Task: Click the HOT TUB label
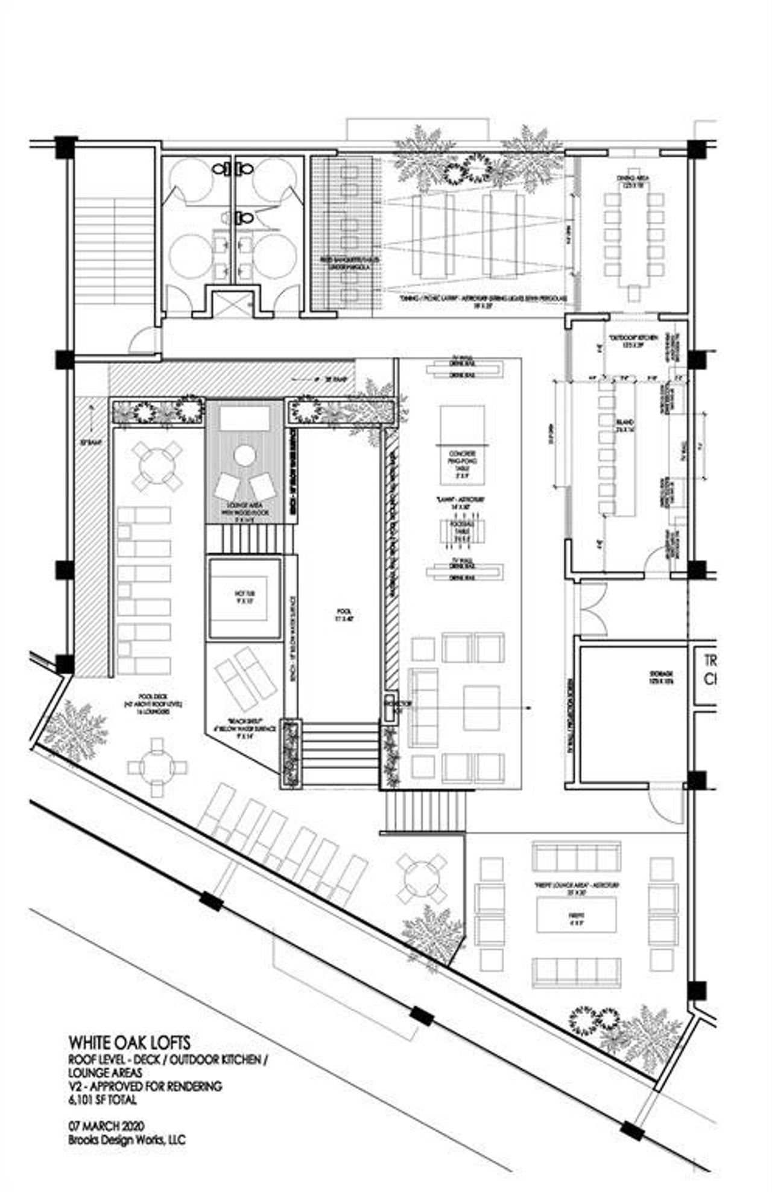(x=245, y=596)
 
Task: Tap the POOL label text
(x=340, y=615)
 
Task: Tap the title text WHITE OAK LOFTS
(x=130, y=1042)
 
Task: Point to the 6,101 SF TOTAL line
(x=103, y=1099)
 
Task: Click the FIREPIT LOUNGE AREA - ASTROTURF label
(x=576, y=889)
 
